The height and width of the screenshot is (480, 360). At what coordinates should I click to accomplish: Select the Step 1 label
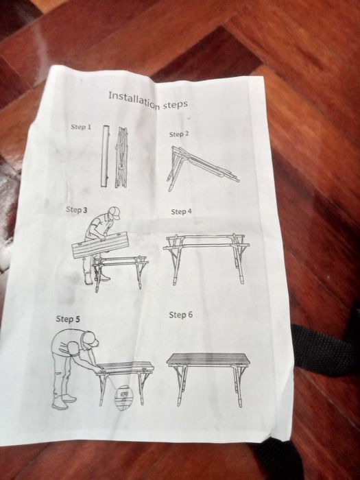[80, 128]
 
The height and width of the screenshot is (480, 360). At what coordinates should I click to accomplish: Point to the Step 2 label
[179, 134]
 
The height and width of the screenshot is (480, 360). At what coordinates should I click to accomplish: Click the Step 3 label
[76, 209]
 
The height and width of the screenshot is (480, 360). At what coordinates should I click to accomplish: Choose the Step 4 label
[181, 212]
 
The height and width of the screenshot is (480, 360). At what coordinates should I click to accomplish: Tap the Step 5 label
[68, 319]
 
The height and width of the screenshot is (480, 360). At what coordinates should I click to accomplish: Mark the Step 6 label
[180, 315]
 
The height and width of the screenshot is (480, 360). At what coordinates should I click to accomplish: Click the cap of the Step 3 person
[114, 213]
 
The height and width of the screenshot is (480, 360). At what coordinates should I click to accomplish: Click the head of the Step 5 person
[89, 339]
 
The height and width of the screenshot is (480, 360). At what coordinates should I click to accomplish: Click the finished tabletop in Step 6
[206, 359]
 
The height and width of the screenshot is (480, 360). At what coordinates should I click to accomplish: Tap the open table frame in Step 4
[206, 255]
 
